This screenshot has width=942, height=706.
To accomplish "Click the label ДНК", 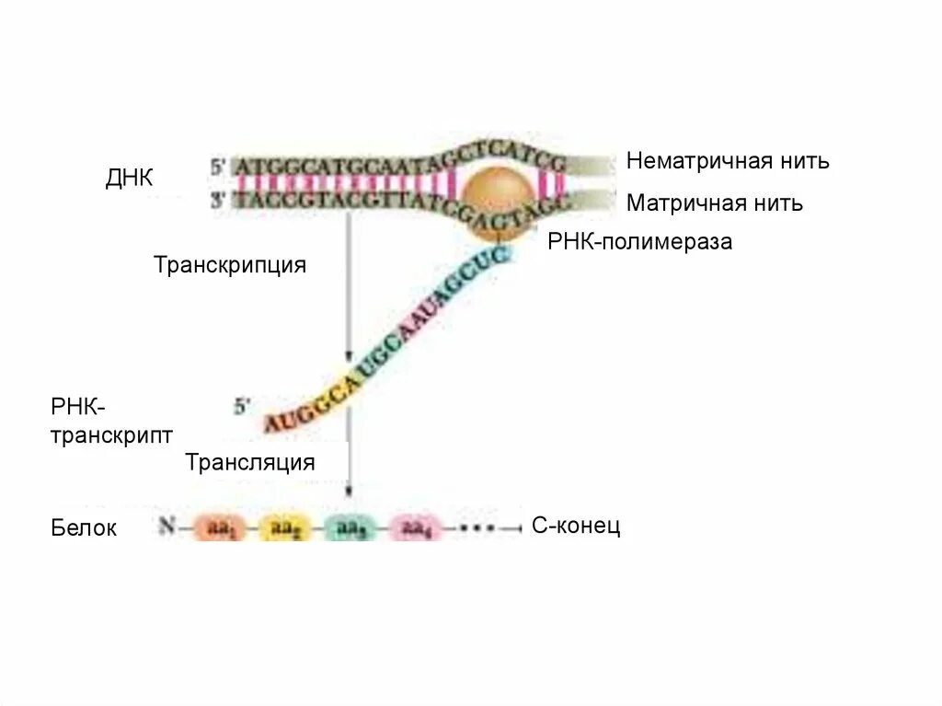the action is (x=129, y=178).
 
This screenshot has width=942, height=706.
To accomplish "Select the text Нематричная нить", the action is (x=728, y=161).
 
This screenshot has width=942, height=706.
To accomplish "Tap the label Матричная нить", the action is (x=714, y=203).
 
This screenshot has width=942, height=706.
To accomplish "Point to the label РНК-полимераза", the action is (x=639, y=242).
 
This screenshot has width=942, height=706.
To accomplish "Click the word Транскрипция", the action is (x=230, y=265).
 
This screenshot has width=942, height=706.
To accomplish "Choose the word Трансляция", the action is (x=249, y=462).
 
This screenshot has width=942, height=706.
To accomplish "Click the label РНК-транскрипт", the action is (x=110, y=421).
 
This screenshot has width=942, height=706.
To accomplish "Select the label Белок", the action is (x=84, y=528).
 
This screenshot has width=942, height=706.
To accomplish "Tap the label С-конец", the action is (x=576, y=526).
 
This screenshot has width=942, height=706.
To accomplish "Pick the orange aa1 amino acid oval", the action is (x=220, y=528).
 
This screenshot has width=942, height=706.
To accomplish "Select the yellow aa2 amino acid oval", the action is (x=284, y=528).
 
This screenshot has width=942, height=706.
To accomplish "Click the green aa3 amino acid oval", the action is (x=350, y=528).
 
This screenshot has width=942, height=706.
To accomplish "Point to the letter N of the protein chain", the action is (x=167, y=527).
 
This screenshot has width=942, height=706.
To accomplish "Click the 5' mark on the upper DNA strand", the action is (x=218, y=168).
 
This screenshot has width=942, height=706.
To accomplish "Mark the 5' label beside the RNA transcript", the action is (x=242, y=405).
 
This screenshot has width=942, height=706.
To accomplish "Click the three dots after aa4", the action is (x=477, y=528).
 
